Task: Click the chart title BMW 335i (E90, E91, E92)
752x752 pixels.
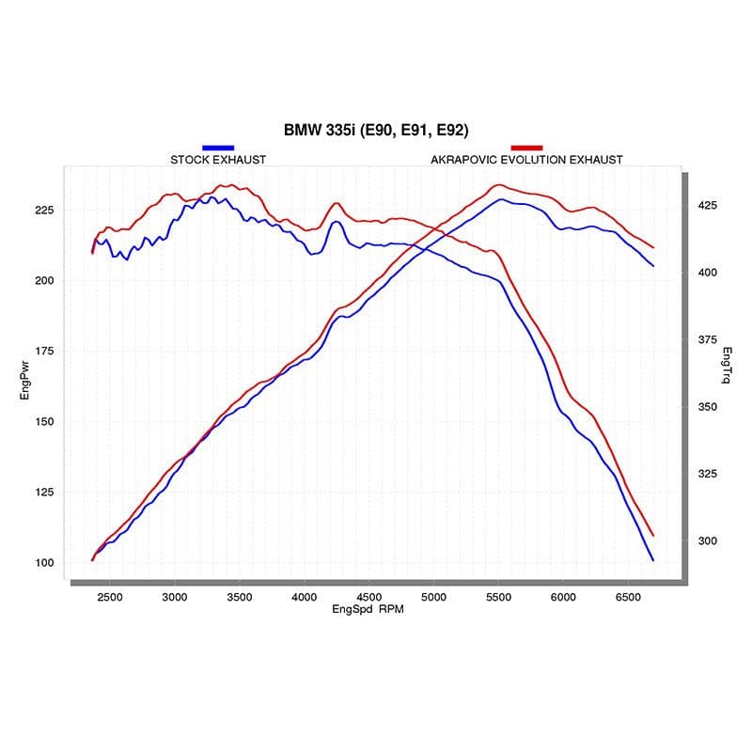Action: pos(376,130)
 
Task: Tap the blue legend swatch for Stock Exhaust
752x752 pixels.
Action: pos(217,148)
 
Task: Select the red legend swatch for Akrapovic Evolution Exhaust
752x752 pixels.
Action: pos(526,148)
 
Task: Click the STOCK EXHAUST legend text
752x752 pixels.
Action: pos(218,160)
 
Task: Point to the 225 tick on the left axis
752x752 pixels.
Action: pos(45,210)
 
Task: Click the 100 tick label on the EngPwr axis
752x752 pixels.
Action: pos(45,563)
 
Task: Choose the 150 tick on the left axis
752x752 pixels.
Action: pos(45,422)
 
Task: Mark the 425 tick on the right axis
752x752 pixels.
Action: pos(706,205)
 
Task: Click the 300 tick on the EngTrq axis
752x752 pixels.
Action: pos(706,540)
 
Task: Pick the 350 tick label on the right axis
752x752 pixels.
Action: pos(706,407)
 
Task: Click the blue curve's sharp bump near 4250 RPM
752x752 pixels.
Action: pos(336,222)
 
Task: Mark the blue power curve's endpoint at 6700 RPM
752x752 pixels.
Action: pos(652,560)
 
